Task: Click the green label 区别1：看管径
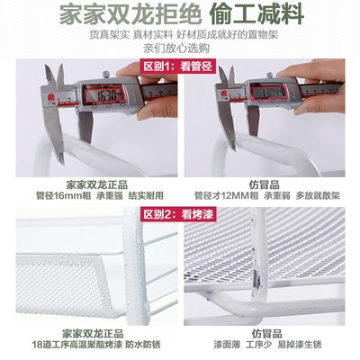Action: coord(178,68)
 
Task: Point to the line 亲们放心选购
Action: coord(180,51)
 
